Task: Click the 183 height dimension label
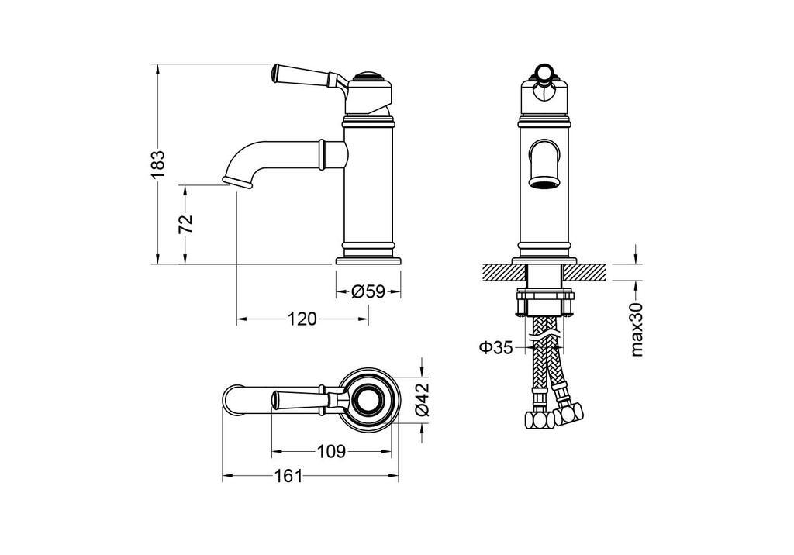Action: click(158, 164)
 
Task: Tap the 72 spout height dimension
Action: click(186, 223)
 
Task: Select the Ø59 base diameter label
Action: click(368, 291)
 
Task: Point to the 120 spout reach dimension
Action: click(302, 319)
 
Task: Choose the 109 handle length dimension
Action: click(331, 450)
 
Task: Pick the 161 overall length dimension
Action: click(288, 476)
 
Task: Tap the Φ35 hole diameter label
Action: click(496, 348)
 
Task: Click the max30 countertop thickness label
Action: click(637, 329)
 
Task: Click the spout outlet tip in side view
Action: click(237, 182)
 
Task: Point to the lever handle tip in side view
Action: click(275, 73)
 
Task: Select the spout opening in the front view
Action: click(544, 182)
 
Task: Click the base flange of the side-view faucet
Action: click(368, 260)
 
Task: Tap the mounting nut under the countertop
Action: click(545, 302)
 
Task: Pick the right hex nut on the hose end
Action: click(568, 414)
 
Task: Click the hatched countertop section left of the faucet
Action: click(505, 272)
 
